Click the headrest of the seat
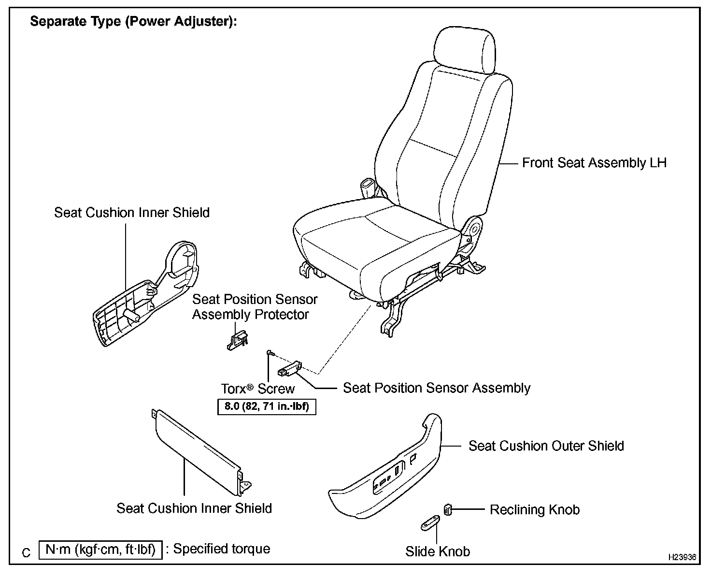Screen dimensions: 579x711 point(465,49)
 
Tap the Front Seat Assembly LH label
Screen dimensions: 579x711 point(594,163)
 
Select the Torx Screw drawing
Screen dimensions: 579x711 point(270,354)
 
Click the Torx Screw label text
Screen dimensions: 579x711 point(258,389)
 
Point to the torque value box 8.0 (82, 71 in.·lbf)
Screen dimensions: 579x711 point(267,406)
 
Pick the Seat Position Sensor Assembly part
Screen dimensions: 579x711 point(289,369)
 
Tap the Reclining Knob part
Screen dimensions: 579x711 point(448,509)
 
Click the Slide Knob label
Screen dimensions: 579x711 point(438,551)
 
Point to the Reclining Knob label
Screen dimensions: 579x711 point(535,510)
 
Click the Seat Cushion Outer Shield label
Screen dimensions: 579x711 point(546,446)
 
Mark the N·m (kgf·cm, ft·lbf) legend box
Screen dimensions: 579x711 point(100,550)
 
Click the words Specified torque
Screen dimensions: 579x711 point(222,549)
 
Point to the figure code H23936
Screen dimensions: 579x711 point(682,557)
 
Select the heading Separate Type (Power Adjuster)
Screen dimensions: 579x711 point(134,22)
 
